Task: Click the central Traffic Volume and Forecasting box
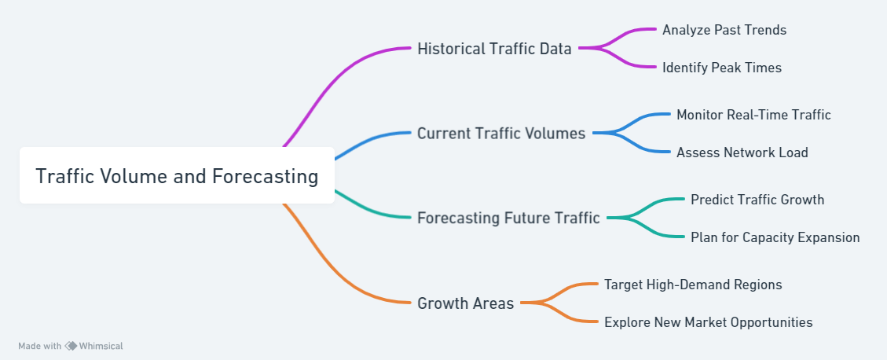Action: coord(177,175)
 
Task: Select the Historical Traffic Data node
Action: coord(494,49)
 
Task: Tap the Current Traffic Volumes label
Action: coord(501,133)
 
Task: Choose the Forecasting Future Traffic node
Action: coord(508,218)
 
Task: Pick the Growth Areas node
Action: coord(466,303)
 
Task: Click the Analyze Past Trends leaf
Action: coord(724,29)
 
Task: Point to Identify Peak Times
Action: coord(722,68)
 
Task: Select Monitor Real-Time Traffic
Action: coord(753,114)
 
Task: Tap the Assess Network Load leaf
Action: coord(742,152)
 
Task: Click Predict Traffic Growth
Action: coord(757,199)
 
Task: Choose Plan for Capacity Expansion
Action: coord(775,237)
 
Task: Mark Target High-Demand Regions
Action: coord(693,285)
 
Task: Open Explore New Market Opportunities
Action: coord(708,322)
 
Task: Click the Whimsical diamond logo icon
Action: coord(71,346)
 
